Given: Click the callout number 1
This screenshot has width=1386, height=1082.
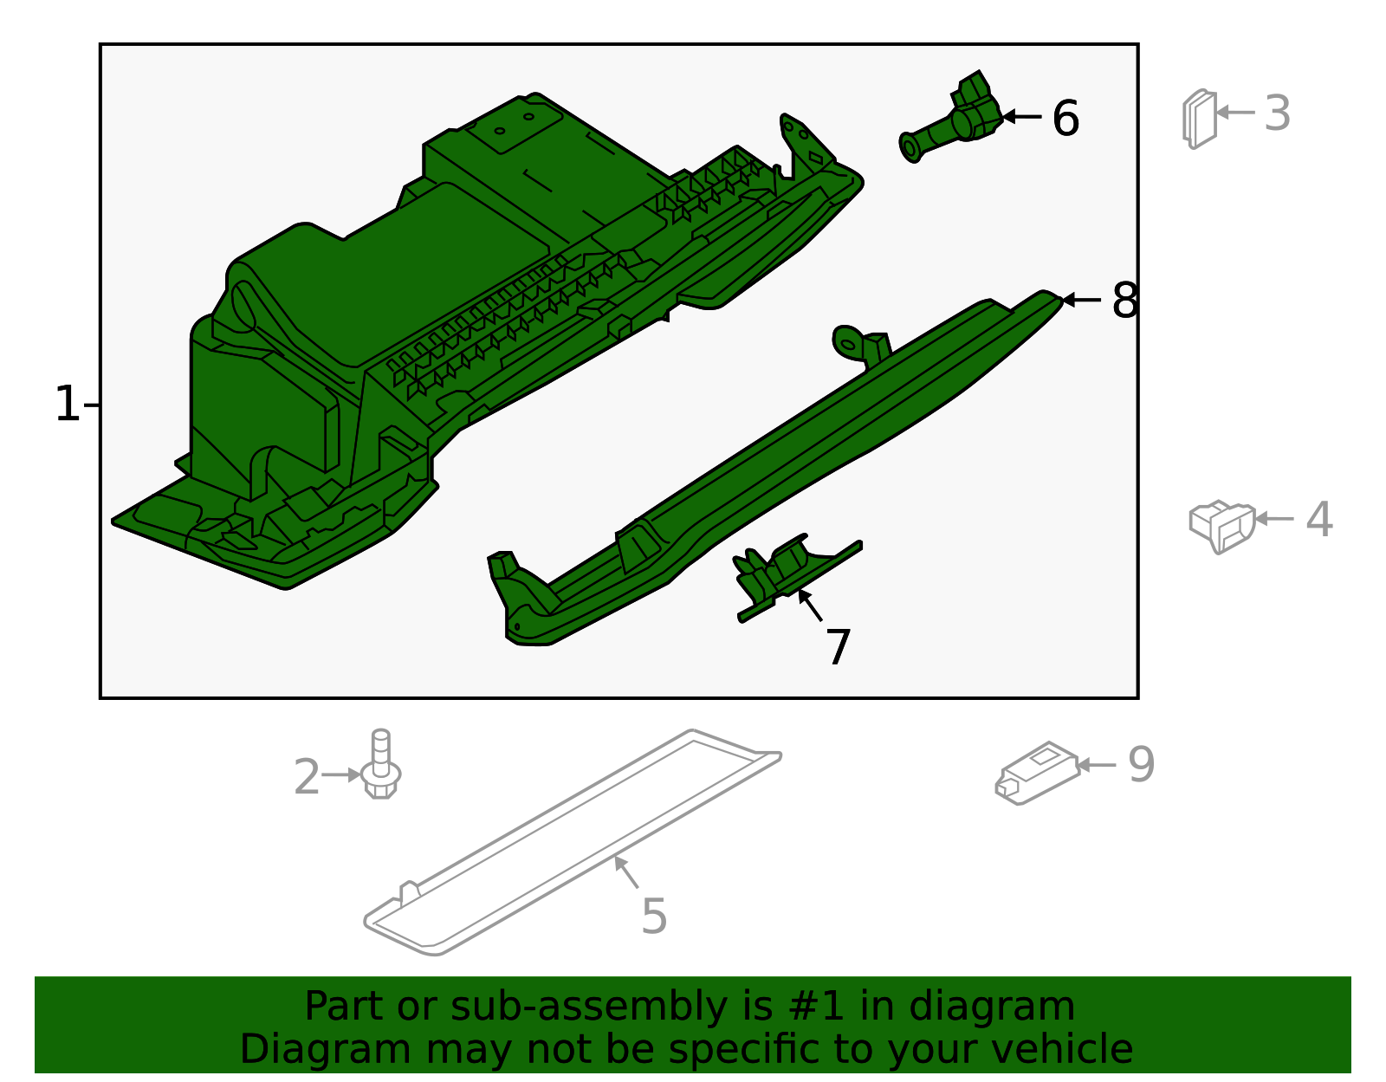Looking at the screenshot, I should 67,405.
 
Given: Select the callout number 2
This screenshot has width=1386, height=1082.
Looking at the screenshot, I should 307,776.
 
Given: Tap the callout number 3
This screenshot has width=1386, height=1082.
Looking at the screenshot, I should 1277,113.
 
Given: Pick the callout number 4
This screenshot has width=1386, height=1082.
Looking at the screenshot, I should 1318,519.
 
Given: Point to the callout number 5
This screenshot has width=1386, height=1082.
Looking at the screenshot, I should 654,916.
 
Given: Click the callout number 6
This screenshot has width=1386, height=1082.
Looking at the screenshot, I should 1065,118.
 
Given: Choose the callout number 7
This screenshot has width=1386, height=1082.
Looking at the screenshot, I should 838,646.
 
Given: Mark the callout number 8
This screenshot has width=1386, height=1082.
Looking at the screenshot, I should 1124,301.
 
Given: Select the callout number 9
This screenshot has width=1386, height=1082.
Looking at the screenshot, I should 1141,764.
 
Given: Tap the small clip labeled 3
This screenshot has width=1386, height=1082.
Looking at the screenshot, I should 1200,119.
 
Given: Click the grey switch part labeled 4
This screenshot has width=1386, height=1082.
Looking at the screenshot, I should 1222,524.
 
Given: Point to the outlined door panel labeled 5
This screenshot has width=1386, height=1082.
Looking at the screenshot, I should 572,845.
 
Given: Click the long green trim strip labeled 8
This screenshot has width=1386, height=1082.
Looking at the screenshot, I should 780,468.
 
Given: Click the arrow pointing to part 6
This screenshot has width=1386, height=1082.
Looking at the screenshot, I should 1021,116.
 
